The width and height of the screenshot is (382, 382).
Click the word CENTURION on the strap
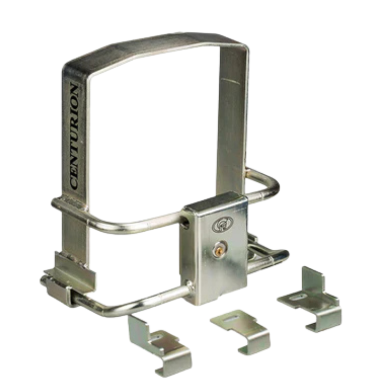pyautogui.click(x=74, y=136)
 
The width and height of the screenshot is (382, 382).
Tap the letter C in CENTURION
pyautogui.click(x=74, y=184)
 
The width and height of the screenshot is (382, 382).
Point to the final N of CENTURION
pyautogui.click(x=74, y=88)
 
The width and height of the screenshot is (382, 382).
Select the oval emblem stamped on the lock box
pyautogui.click(x=222, y=223)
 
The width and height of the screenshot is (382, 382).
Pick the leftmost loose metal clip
pyautogui.click(x=159, y=345)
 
